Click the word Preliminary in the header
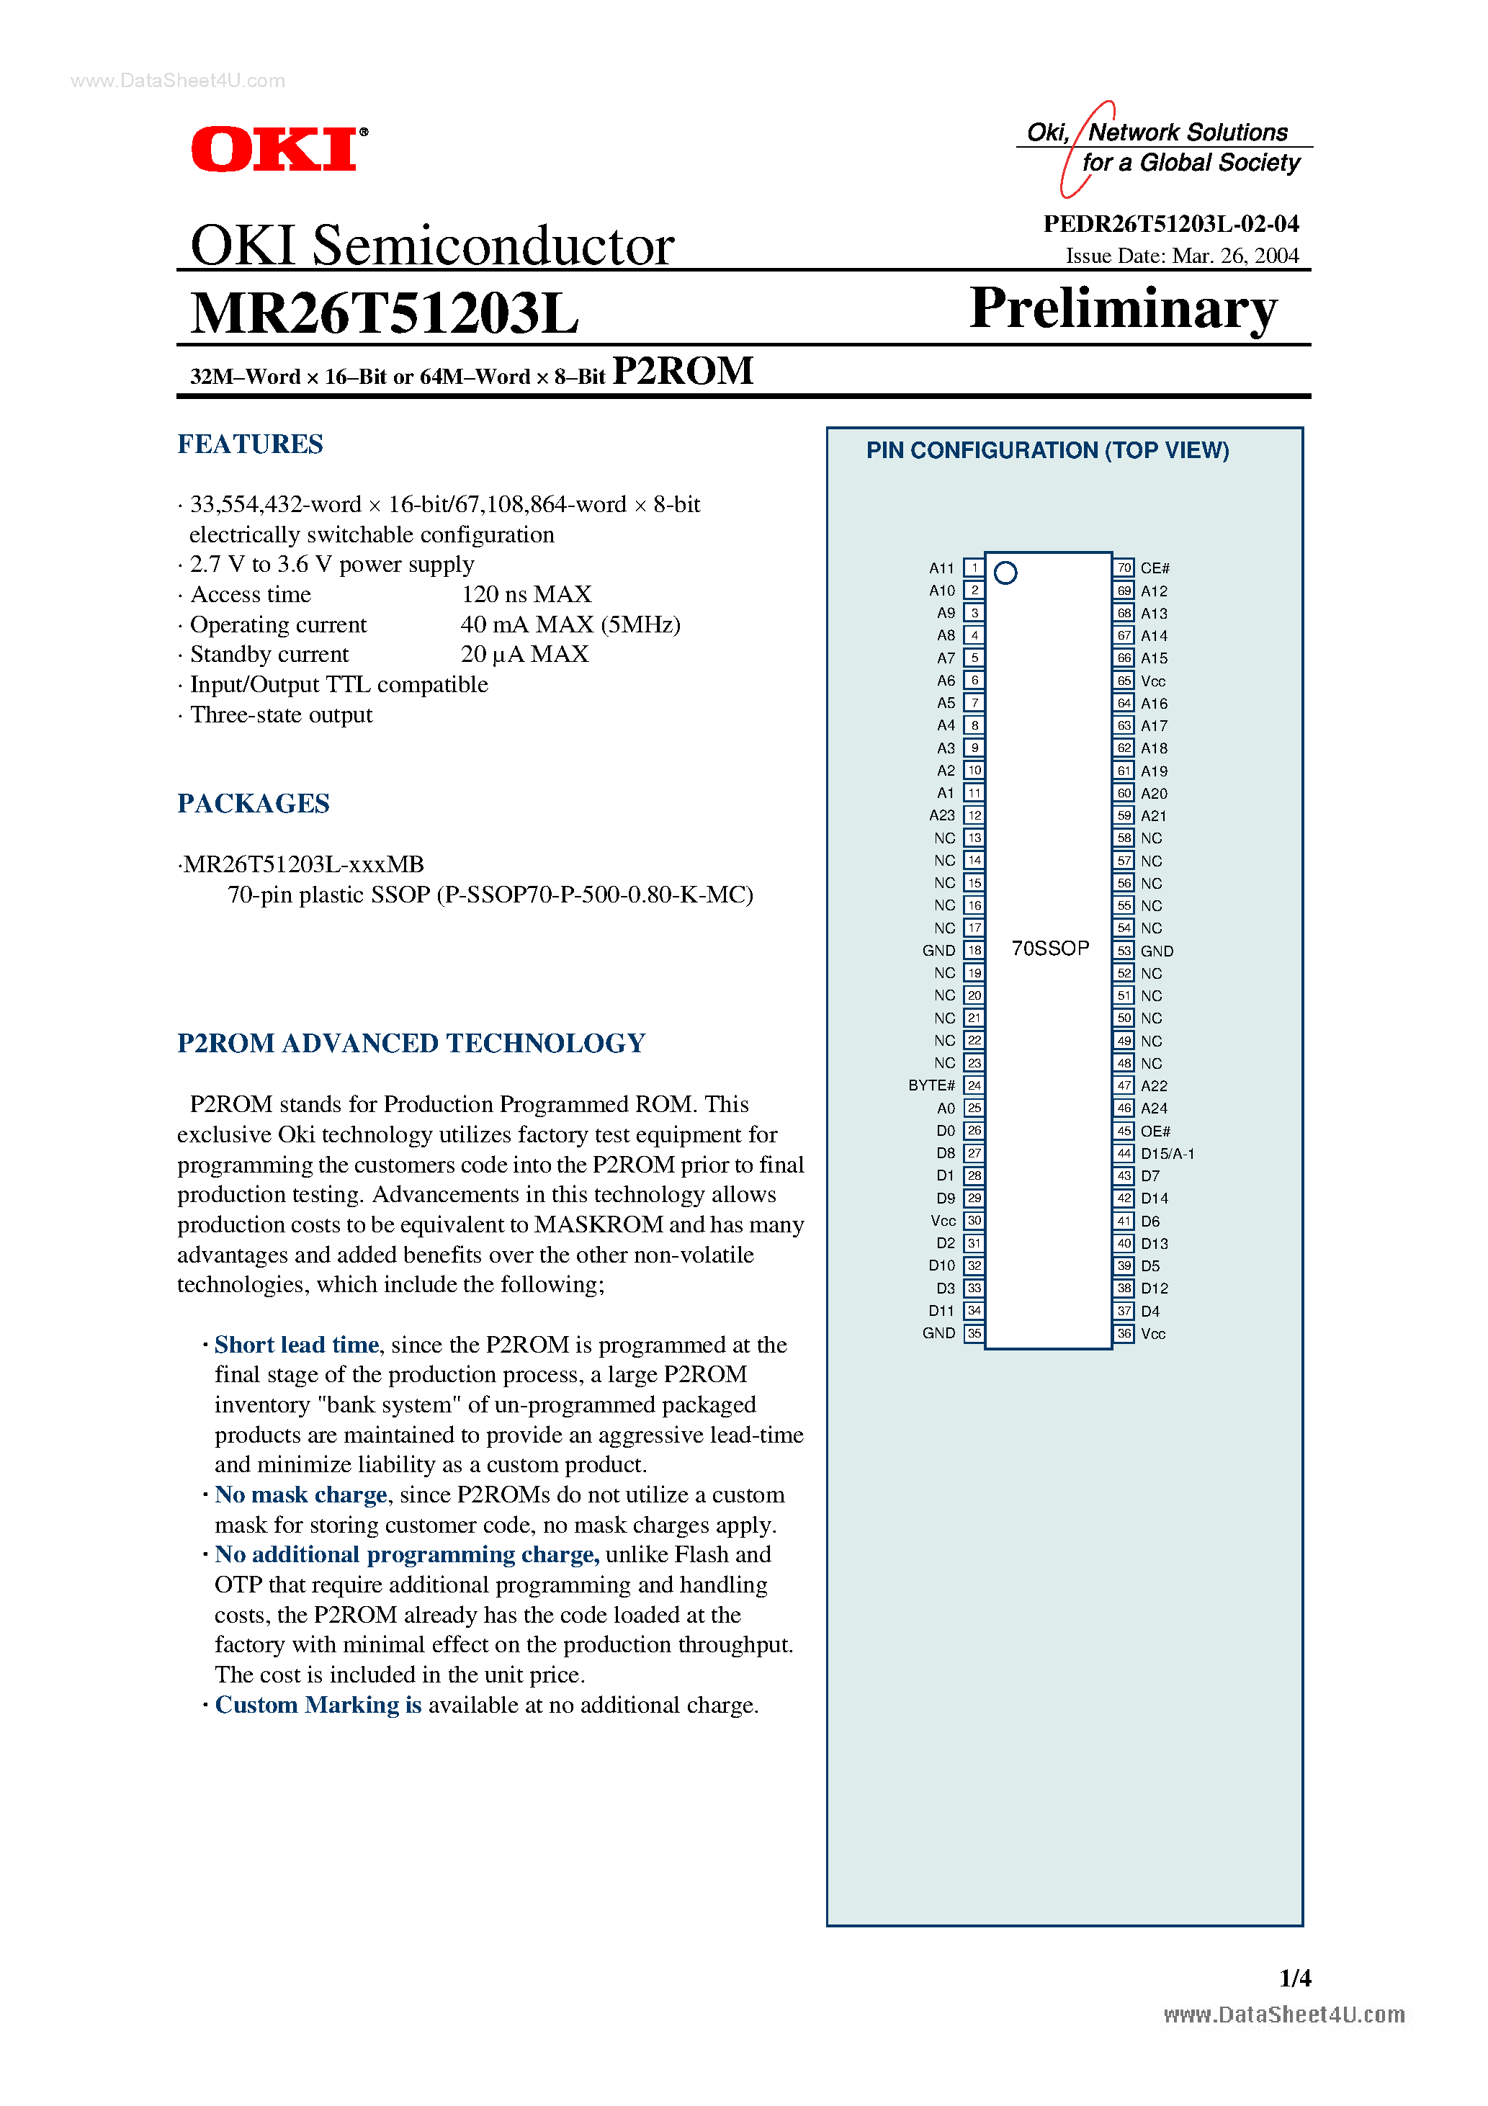point(1123,308)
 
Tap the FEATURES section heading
point(251,445)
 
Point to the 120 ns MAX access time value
point(526,594)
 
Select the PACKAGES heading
point(254,804)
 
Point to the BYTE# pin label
point(931,1085)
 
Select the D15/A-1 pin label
point(1167,1154)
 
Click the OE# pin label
point(1155,1131)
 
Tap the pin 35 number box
point(974,1334)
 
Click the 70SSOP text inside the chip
point(1050,949)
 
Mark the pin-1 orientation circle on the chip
point(1005,573)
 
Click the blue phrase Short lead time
point(296,1345)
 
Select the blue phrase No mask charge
point(301,1495)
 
